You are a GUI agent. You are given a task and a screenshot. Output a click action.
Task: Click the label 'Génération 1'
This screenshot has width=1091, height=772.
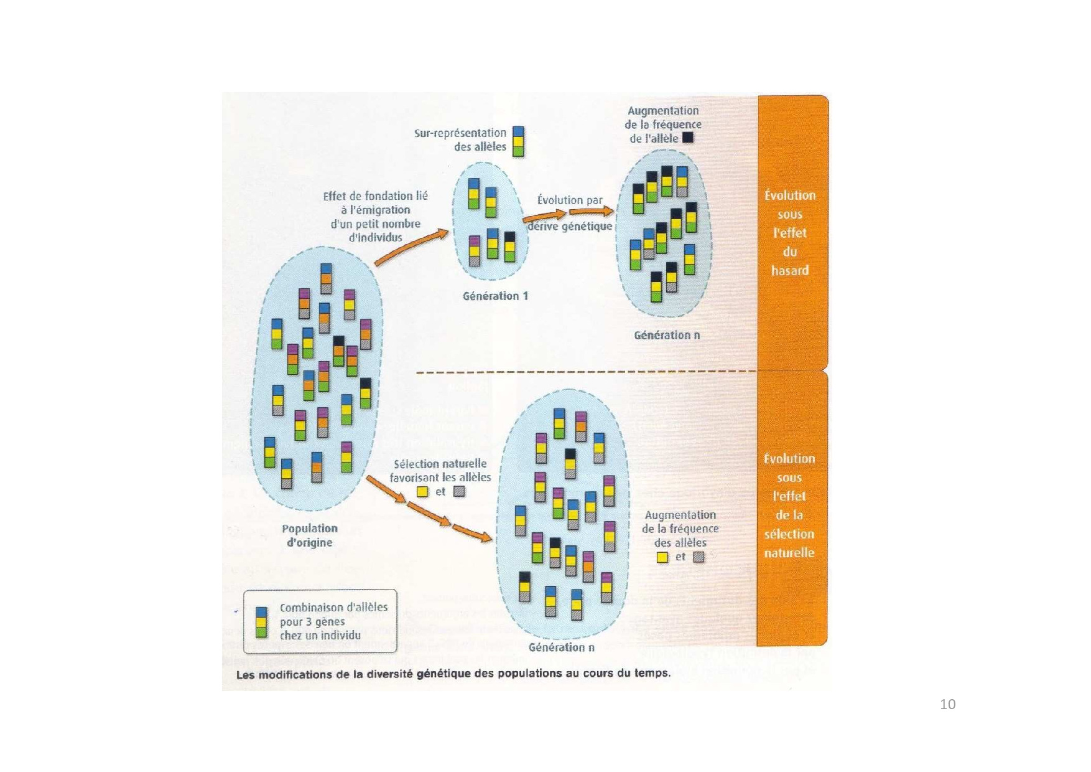click(495, 296)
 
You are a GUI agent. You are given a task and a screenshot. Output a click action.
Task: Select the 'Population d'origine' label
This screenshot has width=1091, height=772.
click(310, 535)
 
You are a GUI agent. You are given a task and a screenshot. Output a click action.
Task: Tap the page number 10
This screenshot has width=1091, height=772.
click(947, 704)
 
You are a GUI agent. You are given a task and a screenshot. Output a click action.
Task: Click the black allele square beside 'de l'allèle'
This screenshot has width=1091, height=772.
click(687, 138)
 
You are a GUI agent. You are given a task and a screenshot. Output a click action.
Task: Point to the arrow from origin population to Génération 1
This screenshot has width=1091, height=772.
click(411, 247)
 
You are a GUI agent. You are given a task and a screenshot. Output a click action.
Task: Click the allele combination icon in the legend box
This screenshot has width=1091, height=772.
click(261, 622)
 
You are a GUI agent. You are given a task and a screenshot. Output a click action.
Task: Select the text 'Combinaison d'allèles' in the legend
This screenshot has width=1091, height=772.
click(333, 608)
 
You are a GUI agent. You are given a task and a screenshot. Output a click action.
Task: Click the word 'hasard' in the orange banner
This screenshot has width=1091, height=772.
click(790, 271)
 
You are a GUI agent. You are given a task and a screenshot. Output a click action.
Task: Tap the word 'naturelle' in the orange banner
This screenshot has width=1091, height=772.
click(789, 553)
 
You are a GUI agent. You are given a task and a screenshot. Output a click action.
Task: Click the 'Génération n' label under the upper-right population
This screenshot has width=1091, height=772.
click(667, 336)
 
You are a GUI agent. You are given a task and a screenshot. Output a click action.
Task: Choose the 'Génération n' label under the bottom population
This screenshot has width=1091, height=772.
click(561, 647)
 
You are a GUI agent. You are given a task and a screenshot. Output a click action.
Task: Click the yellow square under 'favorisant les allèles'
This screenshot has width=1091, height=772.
click(422, 492)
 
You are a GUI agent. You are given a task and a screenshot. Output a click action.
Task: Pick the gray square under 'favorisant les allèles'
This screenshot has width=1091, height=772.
click(459, 491)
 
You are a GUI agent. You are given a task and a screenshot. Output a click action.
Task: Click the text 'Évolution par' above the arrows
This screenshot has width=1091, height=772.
click(570, 200)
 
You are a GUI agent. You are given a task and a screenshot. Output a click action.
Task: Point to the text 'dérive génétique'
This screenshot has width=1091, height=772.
click(570, 227)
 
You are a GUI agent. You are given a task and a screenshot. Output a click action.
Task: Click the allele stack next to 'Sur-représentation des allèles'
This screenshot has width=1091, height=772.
click(518, 142)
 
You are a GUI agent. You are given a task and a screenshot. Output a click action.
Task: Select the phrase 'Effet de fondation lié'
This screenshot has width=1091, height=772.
click(375, 196)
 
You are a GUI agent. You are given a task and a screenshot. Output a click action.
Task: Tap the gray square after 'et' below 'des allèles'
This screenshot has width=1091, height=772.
click(699, 557)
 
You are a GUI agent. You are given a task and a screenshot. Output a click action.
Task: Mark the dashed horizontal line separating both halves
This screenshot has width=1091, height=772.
click(587, 372)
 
